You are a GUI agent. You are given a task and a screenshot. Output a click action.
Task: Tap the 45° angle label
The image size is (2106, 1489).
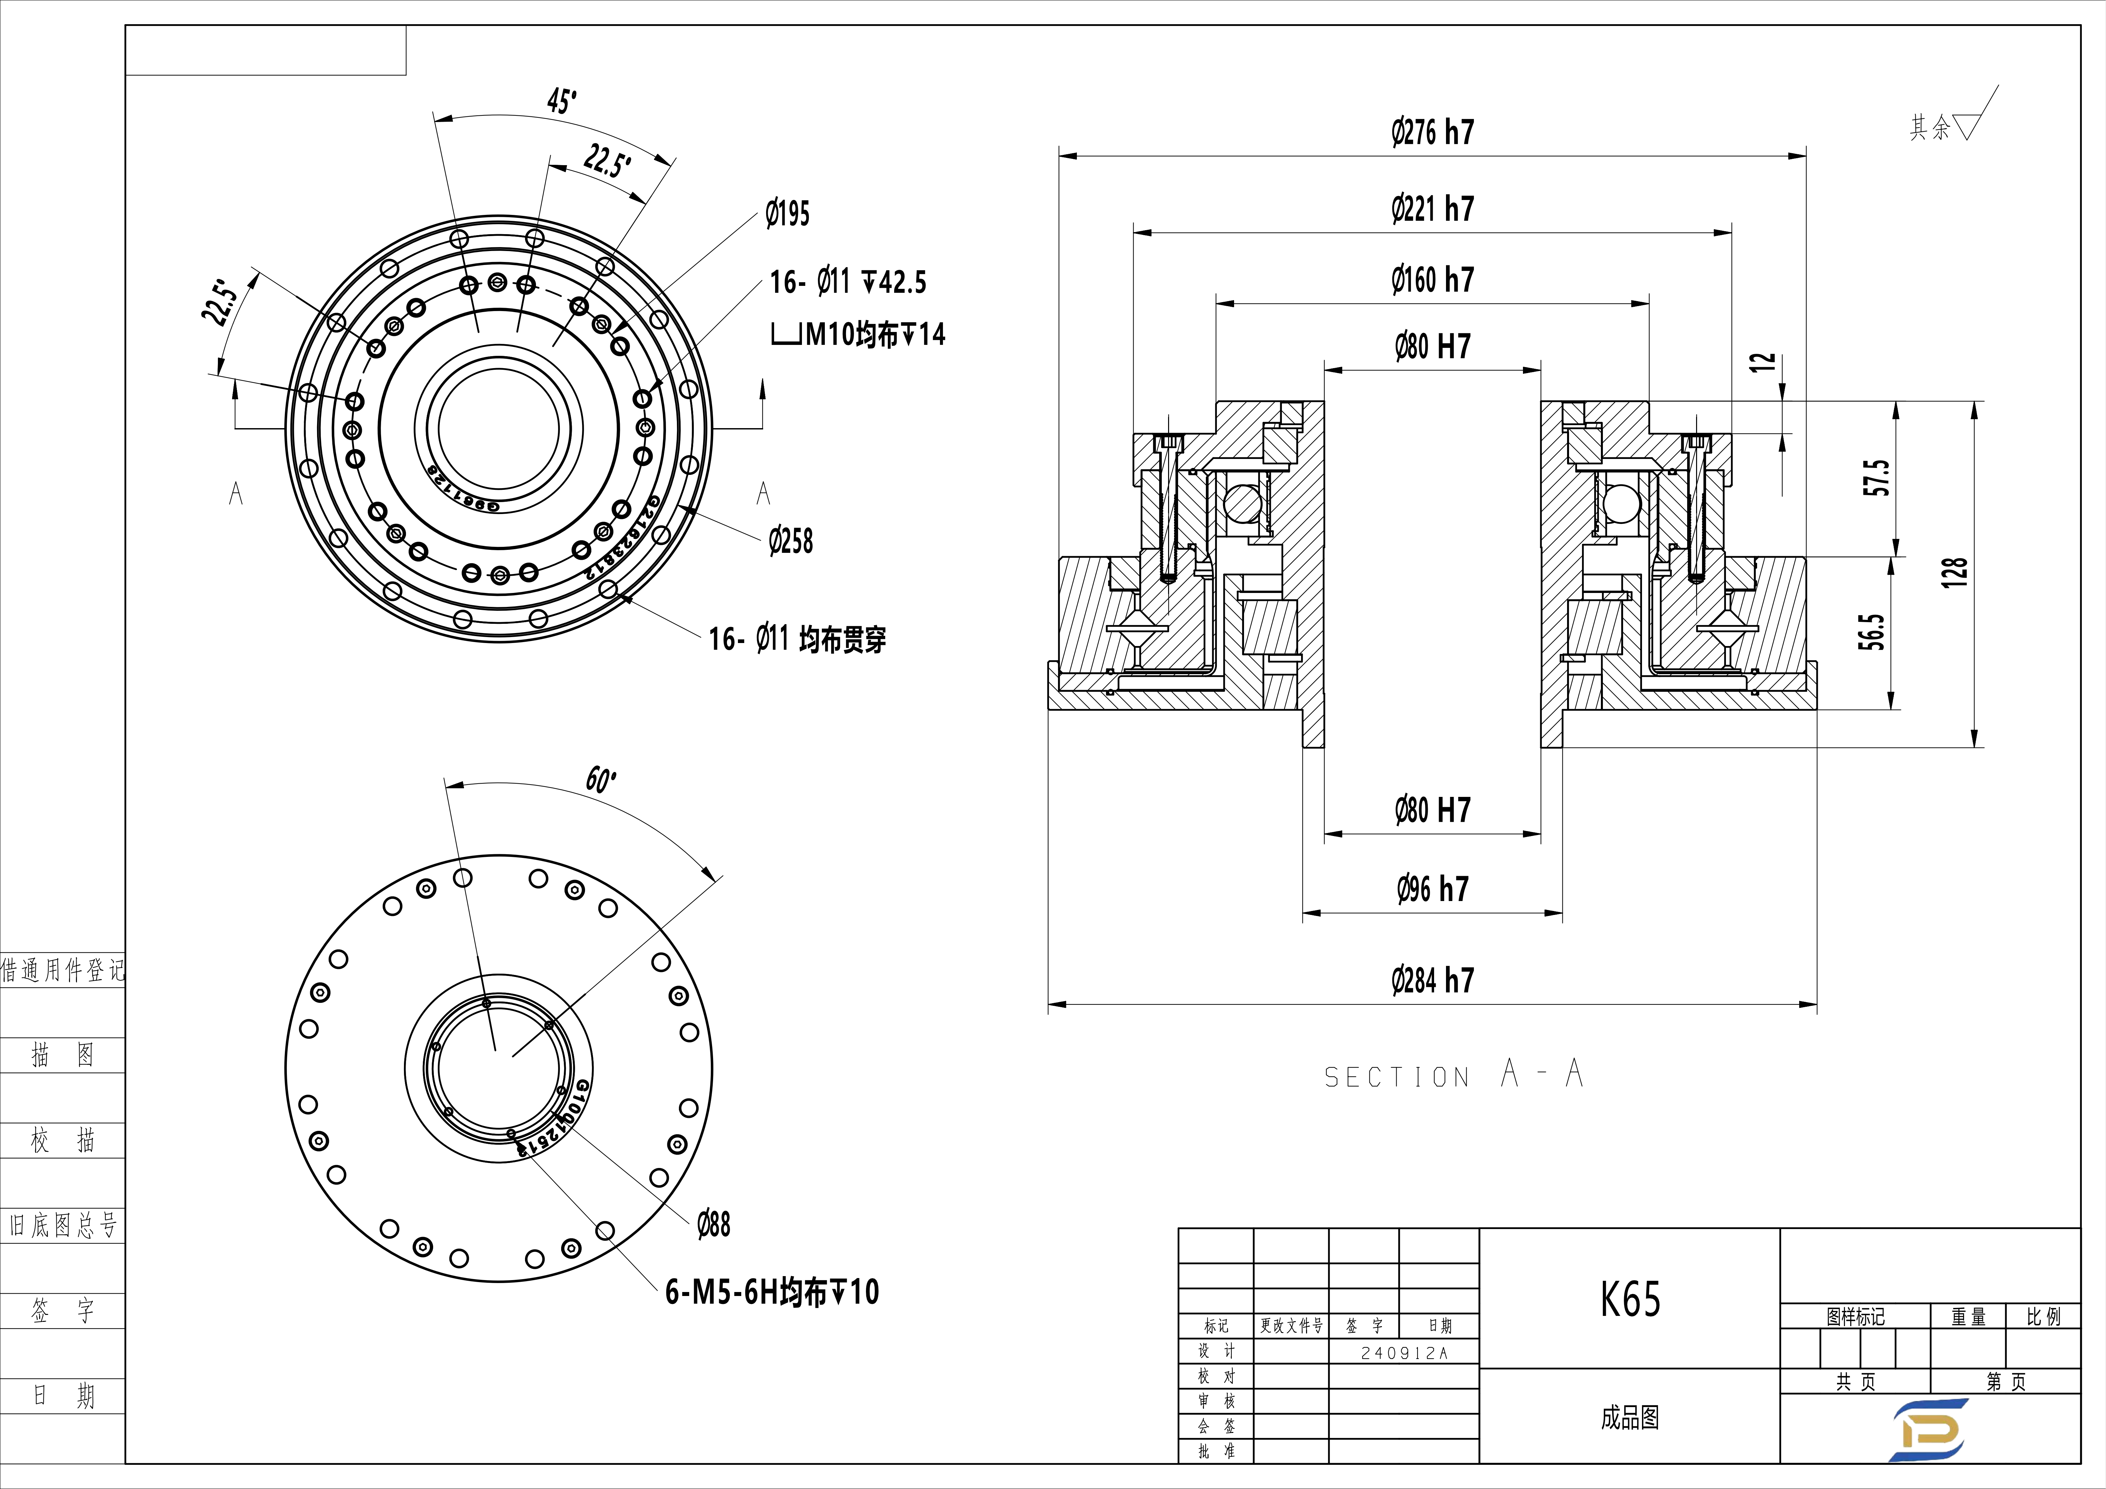tap(561, 101)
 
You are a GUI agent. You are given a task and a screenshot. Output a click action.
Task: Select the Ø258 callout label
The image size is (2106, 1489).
tap(791, 541)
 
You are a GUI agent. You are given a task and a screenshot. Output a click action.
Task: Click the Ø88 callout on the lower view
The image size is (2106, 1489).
tap(714, 1225)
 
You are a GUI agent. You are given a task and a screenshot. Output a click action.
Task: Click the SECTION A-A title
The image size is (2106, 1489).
tap(1454, 1074)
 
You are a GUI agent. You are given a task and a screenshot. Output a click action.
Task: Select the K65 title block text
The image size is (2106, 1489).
tap(1630, 1299)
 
